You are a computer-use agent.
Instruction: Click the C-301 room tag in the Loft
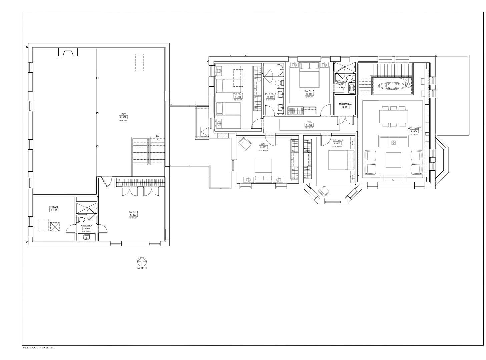(x=123, y=117)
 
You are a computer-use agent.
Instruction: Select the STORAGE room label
(x=54, y=207)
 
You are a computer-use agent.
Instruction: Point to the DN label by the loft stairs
(x=157, y=136)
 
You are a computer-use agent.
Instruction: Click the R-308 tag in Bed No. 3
(x=238, y=97)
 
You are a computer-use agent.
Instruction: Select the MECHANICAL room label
(x=345, y=104)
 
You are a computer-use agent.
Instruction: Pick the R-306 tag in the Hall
(x=309, y=125)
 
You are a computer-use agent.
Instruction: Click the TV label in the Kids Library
(x=393, y=180)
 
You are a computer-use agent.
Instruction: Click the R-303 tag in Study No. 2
(x=335, y=143)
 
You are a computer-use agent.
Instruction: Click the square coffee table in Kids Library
(x=393, y=160)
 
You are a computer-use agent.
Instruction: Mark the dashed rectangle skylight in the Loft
(x=139, y=62)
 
